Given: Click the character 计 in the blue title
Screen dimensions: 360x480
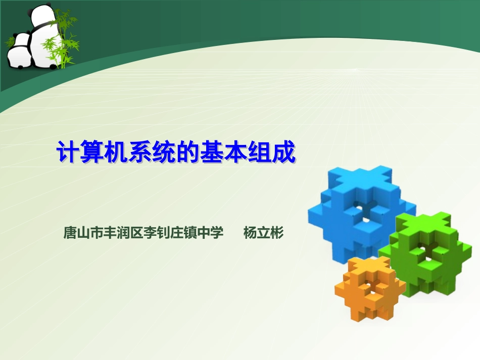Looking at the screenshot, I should [67, 152].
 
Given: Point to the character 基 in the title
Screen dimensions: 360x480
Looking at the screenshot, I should [225, 152].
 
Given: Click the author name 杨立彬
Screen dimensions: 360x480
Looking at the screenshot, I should [264, 233].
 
